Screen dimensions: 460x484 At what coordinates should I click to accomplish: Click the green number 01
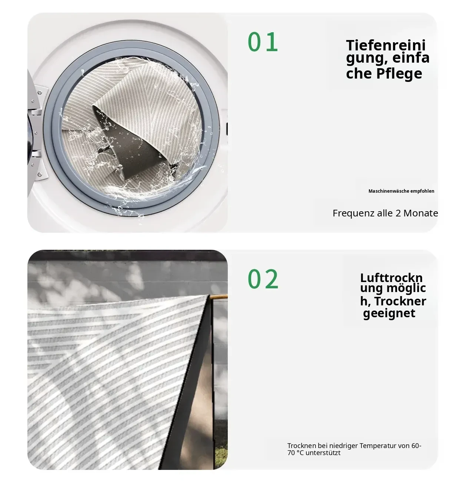point(263,42)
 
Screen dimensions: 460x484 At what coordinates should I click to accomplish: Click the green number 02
point(263,279)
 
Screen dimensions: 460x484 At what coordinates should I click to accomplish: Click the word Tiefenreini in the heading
point(386,45)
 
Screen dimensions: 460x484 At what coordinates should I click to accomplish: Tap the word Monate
point(421,213)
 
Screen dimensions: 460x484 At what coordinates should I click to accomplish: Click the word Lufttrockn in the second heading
point(391,278)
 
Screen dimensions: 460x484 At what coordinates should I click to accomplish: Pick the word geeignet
point(389,314)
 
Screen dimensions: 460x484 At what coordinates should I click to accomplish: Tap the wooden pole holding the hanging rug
point(219,296)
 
